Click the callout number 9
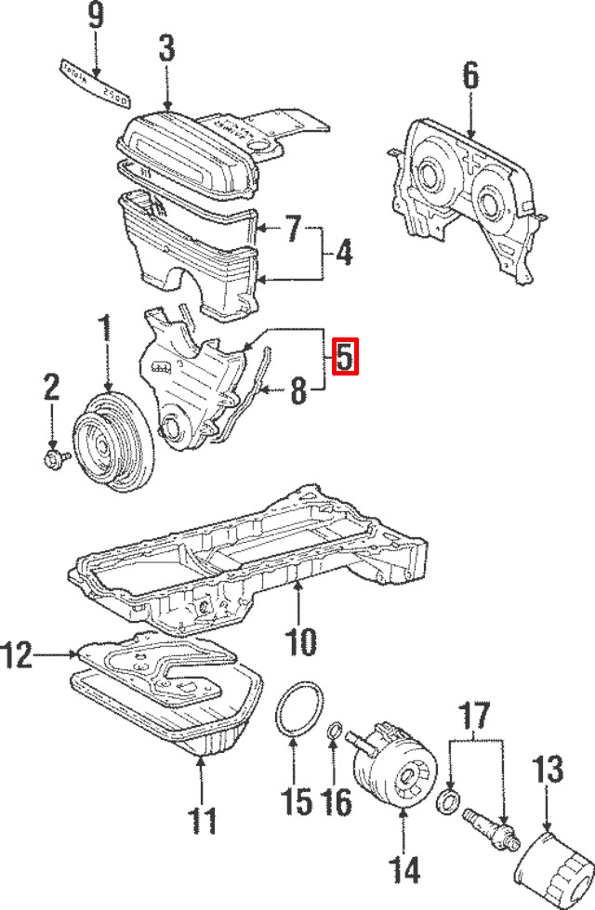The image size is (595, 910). [95, 16]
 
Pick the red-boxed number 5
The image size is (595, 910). [345, 358]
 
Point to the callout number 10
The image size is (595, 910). [300, 640]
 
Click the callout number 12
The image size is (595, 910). [18, 657]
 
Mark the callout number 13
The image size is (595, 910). [549, 771]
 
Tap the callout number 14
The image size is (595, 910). [403, 871]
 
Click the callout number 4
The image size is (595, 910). [343, 252]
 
